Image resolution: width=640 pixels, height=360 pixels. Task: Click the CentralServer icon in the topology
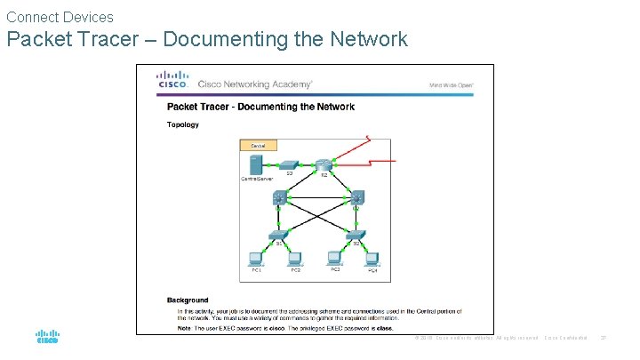click(256, 164)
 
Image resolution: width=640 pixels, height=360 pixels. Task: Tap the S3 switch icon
click(289, 165)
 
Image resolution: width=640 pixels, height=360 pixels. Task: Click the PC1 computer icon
click(255, 260)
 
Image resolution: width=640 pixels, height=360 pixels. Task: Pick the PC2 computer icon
click(295, 260)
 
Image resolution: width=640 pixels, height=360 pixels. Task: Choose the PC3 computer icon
click(336, 260)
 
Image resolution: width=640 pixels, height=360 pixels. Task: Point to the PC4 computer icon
click(374, 260)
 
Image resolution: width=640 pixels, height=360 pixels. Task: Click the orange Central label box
click(259, 145)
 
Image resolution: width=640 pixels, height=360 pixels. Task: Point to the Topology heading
click(183, 124)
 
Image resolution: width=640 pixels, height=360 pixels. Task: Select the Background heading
click(188, 300)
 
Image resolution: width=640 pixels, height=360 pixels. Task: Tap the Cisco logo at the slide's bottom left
click(47, 338)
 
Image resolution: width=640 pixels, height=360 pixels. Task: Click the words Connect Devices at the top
click(60, 17)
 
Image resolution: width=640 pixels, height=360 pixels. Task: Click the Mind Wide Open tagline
click(452, 85)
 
